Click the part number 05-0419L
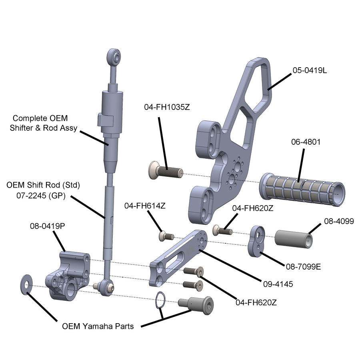pos(310,70)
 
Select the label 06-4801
pos(306,142)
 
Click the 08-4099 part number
pos(339,221)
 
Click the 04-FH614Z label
pos(144,206)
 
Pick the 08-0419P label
pos(47,226)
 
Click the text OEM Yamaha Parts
pos(98,326)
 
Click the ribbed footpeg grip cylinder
pos(302,188)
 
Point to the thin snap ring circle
pos(160,300)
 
